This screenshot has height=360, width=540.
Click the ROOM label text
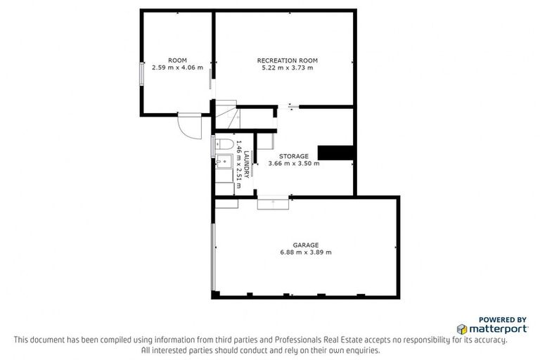pos(177,59)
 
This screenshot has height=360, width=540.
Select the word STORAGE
pos(293,155)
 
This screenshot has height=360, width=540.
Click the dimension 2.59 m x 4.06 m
pos(177,67)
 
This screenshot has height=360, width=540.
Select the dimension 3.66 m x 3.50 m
pos(293,164)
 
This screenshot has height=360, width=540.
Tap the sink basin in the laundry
pos(224,163)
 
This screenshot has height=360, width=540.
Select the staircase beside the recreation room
pos(227,116)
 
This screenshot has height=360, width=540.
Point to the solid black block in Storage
pos(335,153)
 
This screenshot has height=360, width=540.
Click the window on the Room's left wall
pos(143,74)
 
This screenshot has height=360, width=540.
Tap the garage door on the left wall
pos(213,257)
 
